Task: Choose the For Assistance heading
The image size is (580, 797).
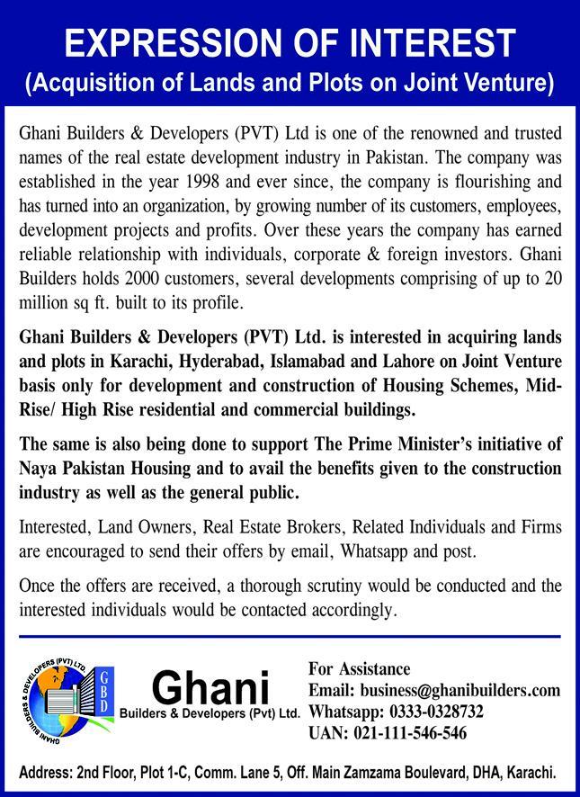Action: click(x=359, y=668)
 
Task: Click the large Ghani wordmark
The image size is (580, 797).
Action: click(x=210, y=690)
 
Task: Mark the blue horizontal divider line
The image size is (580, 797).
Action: click(x=290, y=636)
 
